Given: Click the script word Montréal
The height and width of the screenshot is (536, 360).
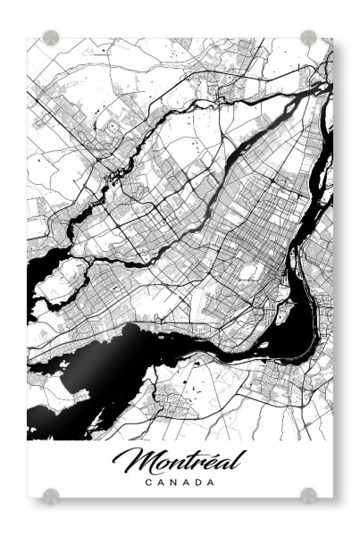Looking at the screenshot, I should click(x=180, y=461).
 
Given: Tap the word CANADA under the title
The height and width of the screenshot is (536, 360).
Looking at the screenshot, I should click(x=180, y=482).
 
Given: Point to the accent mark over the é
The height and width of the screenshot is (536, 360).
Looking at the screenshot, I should click(x=209, y=451).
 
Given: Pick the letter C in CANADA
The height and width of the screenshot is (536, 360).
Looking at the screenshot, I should click(x=148, y=482).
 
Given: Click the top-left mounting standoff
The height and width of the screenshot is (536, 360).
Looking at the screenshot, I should click(x=52, y=38).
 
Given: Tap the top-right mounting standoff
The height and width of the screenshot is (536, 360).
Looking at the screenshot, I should click(x=308, y=38).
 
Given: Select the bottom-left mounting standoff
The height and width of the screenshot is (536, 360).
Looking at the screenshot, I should click(x=52, y=495).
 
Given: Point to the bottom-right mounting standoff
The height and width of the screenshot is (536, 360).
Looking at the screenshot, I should click(x=308, y=495).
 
